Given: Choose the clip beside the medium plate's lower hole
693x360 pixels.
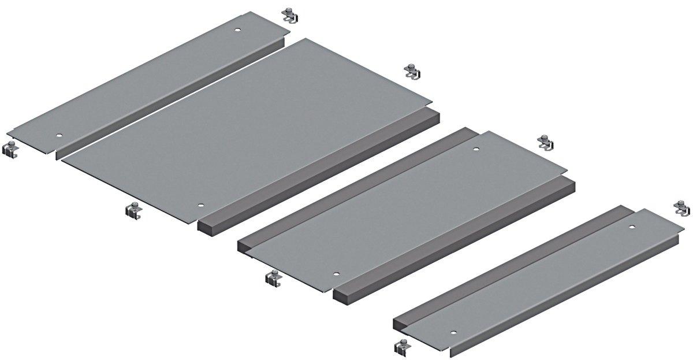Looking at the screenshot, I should (273, 278).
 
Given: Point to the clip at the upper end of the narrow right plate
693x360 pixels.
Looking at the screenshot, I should (683, 207).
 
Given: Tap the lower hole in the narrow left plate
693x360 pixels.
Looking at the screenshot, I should (58, 136).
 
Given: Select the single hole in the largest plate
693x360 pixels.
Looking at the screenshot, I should (200, 206).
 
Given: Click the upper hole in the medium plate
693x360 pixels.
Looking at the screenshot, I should (476, 150).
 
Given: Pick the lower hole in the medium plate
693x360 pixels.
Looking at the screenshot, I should (337, 274).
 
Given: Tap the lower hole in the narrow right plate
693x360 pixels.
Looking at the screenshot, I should (453, 333).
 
